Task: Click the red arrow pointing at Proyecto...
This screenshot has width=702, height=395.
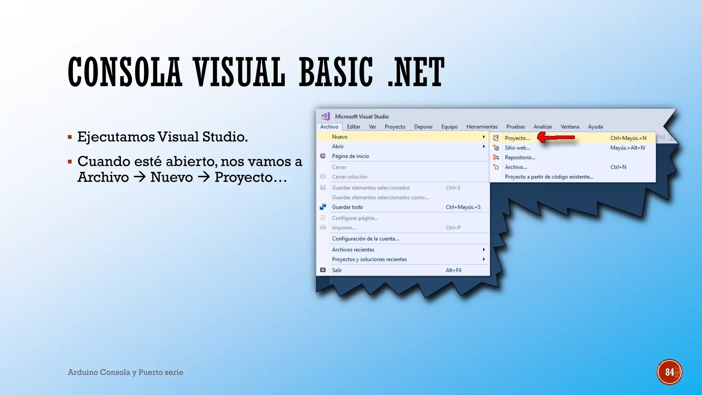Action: (556, 137)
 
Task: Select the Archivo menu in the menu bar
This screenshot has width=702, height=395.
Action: (329, 127)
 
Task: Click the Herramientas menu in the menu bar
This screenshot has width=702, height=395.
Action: (482, 127)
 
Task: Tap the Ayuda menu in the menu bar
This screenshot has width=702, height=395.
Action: (595, 127)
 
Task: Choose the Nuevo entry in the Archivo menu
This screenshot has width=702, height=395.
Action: (340, 137)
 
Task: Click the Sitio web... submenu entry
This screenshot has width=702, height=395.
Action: (517, 148)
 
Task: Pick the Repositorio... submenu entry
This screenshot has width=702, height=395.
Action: (520, 157)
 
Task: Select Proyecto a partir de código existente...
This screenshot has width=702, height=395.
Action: (549, 177)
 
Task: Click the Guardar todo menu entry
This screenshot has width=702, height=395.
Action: (347, 207)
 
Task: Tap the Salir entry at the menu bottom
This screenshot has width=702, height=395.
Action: (337, 270)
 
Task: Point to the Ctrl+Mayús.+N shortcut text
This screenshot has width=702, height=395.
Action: (628, 138)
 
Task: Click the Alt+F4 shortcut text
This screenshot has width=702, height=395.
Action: (453, 270)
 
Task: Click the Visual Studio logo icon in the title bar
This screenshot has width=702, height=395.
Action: (325, 116)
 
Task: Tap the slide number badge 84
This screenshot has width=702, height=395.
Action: (669, 372)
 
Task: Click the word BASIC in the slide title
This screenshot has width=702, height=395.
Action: (336, 72)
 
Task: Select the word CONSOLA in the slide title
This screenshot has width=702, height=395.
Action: (125, 72)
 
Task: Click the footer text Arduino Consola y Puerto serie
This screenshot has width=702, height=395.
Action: (125, 372)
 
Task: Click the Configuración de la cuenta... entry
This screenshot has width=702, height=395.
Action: (365, 239)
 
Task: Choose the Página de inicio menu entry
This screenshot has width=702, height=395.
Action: (350, 156)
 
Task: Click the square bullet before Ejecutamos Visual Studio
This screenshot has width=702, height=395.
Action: (70, 137)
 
